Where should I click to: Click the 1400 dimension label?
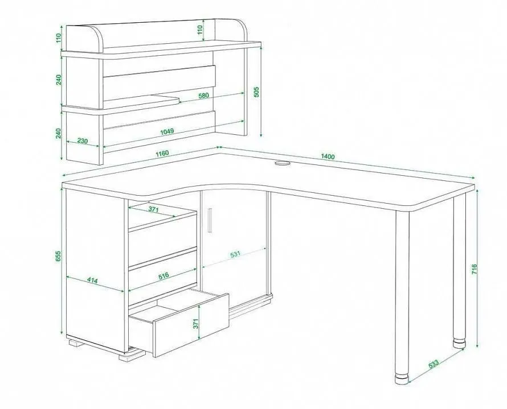tap(328, 156)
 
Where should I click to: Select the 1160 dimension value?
tap(162, 153)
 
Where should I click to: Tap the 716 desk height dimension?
tap(474, 270)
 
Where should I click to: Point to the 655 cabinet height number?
tap(58, 256)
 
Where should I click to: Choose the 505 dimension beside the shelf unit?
tap(256, 92)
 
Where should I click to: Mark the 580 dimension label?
tap(204, 96)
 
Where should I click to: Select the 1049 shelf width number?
tap(167, 131)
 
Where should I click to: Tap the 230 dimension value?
tap(83, 141)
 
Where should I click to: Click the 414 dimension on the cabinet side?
tap(92, 280)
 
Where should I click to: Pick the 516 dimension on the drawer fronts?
tap(163, 276)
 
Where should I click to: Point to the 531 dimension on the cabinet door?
tap(235, 254)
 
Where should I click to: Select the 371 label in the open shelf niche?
tap(153, 209)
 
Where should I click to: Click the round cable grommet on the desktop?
tap(283, 163)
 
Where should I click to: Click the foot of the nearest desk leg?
tap(402, 379)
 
